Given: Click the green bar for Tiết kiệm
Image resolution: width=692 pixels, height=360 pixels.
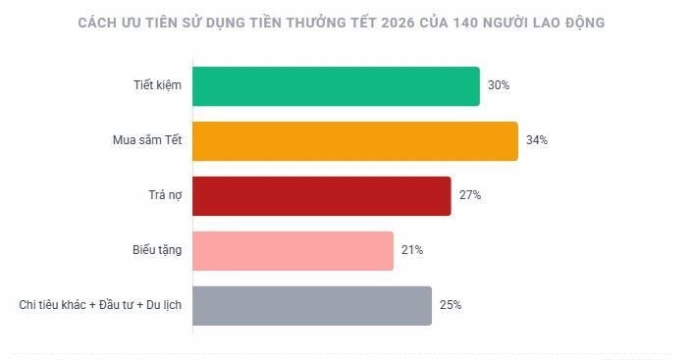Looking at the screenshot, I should tap(336, 86).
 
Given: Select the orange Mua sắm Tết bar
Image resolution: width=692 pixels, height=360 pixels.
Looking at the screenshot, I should tap(354, 141).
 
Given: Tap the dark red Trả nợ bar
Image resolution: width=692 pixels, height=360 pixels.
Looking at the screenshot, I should tap(321, 195).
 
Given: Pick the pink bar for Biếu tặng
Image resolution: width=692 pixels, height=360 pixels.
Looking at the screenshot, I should tap(293, 250).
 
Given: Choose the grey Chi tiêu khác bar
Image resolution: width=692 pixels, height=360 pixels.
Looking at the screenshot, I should tap(312, 305).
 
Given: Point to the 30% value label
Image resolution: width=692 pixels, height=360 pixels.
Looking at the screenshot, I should tap(499, 86).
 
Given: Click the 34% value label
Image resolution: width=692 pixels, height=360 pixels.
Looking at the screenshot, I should tap(537, 141).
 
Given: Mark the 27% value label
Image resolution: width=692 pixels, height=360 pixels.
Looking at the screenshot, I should tap(469, 195).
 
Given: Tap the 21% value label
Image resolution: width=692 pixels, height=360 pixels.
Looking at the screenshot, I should tap(412, 250).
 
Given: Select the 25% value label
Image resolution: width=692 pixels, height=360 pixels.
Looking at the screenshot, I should tap(451, 305).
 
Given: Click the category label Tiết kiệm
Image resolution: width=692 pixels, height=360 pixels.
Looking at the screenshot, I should tap(158, 86).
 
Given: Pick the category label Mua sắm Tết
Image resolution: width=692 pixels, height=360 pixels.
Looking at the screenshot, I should tap(147, 141).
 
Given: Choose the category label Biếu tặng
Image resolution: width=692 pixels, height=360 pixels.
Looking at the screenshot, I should tap(157, 250).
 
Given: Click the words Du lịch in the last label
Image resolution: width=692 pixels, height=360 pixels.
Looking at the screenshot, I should tap(162, 305).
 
